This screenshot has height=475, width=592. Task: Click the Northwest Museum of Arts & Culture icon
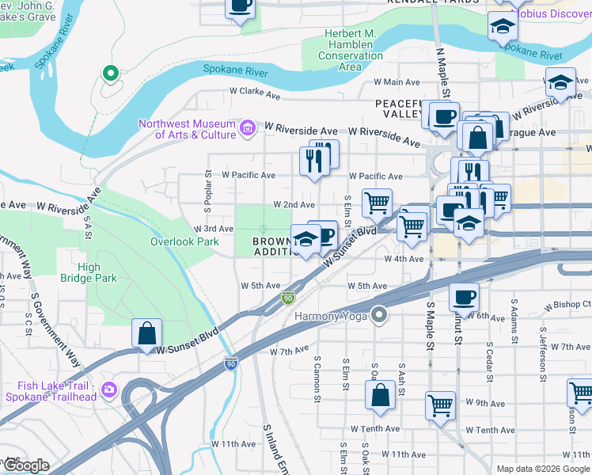[247, 127]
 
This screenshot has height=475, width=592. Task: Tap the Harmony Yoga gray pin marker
[379, 315]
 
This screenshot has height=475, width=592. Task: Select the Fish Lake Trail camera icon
[108, 389]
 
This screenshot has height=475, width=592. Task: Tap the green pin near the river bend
[111, 74]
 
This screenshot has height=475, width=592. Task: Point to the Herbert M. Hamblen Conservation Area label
[350, 49]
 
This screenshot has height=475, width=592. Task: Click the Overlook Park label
[184, 241]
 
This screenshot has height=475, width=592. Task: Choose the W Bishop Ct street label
[569, 304]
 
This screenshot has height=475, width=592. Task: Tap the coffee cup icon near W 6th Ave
[464, 297]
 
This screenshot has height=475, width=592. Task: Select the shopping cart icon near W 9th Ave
[440, 405]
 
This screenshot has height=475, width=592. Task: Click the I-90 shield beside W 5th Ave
[287, 298]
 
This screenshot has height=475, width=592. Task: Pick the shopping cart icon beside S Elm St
[377, 203]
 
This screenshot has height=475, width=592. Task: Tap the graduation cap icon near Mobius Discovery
[502, 26]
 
